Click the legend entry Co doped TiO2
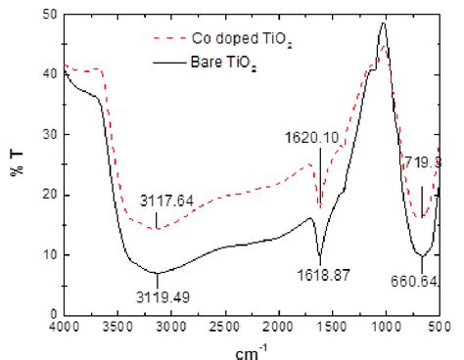tap(233, 38)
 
